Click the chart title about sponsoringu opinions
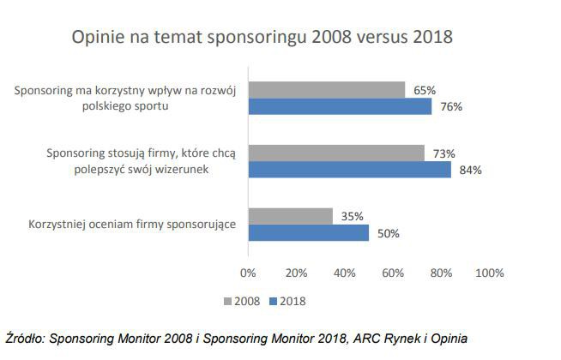click(x=262, y=39)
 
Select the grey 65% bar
click(x=326, y=90)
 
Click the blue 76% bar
click(x=340, y=106)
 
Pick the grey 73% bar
click(x=336, y=153)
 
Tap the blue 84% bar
click(x=349, y=170)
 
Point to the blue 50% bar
click(x=308, y=232)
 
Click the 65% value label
click(x=424, y=90)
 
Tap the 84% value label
click(x=470, y=170)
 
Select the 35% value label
click(x=351, y=216)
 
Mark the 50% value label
click(x=388, y=232)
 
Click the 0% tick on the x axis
click(x=248, y=273)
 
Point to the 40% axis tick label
click(x=345, y=273)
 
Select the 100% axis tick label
click(x=489, y=273)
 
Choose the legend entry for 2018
click(x=287, y=301)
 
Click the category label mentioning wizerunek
click(x=145, y=161)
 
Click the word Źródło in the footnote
click(x=24, y=338)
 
